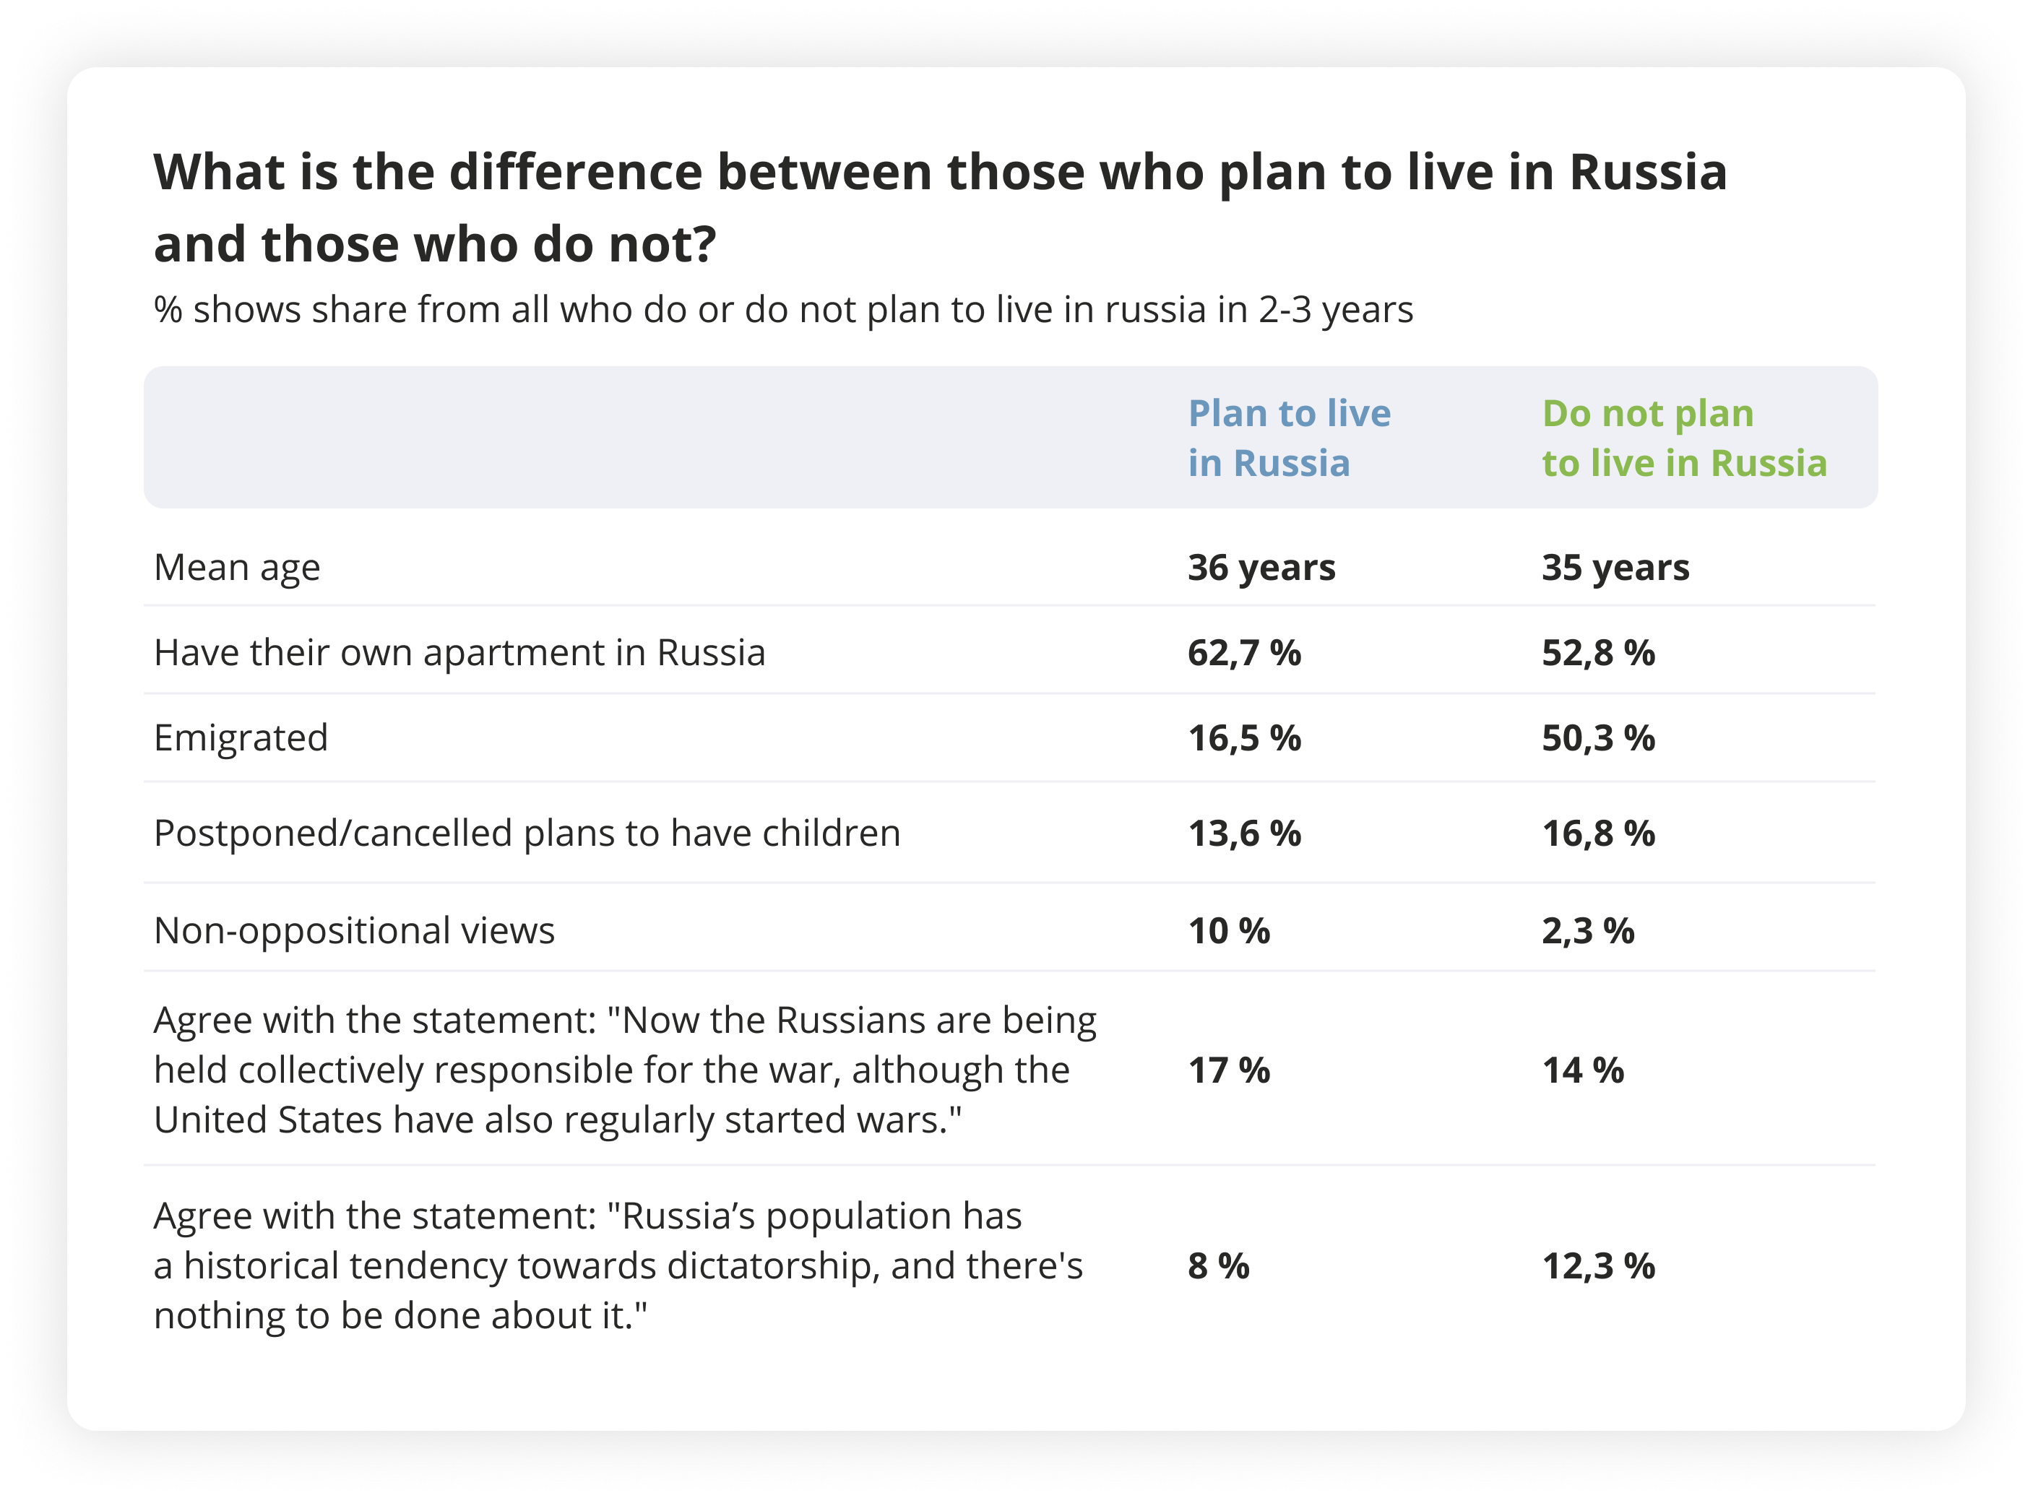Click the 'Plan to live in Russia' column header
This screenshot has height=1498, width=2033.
click(x=1289, y=438)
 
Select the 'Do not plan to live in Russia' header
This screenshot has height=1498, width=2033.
click(x=1684, y=438)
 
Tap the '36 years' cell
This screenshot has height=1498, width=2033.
click(x=1261, y=568)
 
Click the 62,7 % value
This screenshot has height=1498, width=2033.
click(x=1244, y=653)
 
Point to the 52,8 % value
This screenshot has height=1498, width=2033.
click(x=1598, y=653)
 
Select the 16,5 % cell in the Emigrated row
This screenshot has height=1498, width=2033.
click(x=1244, y=738)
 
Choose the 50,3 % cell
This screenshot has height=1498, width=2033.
click(x=1598, y=738)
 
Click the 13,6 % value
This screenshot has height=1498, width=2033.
click(x=1244, y=834)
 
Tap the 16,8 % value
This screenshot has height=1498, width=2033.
click(x=1598, y=834)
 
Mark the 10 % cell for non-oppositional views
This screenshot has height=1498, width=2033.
click(x=1229, y=931)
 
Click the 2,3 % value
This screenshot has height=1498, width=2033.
click(x=1588, y=931)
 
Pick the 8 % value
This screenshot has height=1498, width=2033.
click(x=1218, y=1266)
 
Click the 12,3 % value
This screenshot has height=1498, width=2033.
click(x=1598, y=1266)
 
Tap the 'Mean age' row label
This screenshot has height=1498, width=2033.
click(x=237, y=568)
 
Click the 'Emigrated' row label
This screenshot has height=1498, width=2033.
click(x=241, y=738)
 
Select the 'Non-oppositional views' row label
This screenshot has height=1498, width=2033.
click(x=354, y=931)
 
